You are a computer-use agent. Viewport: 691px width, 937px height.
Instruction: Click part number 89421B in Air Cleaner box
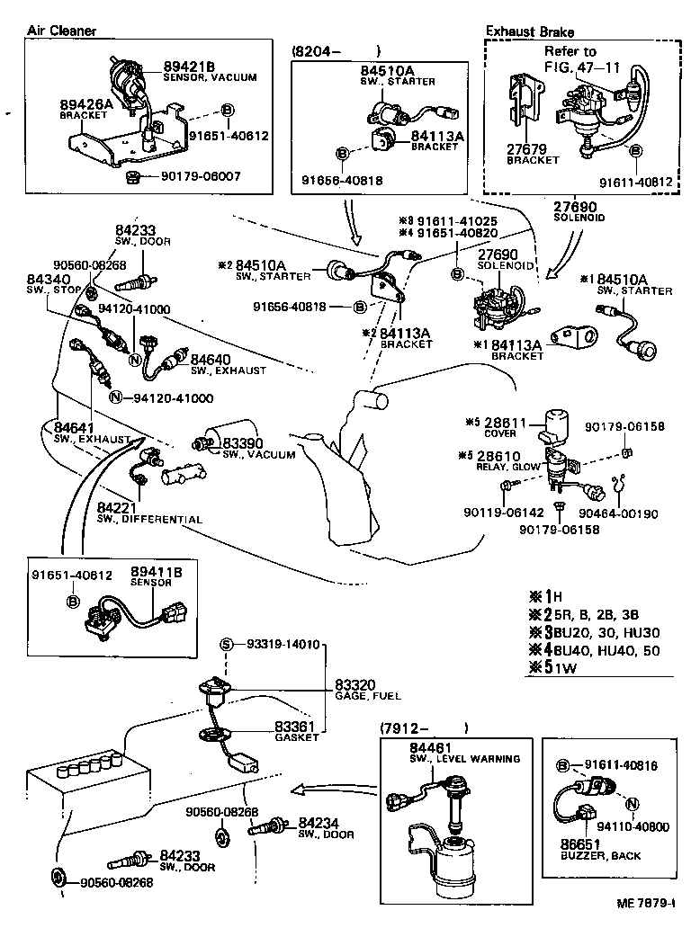188,67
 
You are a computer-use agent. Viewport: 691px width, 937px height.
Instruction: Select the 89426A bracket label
87,105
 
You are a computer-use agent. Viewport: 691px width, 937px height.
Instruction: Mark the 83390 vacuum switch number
243,444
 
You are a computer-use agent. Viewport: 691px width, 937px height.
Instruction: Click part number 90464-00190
624,514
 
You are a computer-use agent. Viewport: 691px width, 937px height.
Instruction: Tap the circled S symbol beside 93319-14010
227,645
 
